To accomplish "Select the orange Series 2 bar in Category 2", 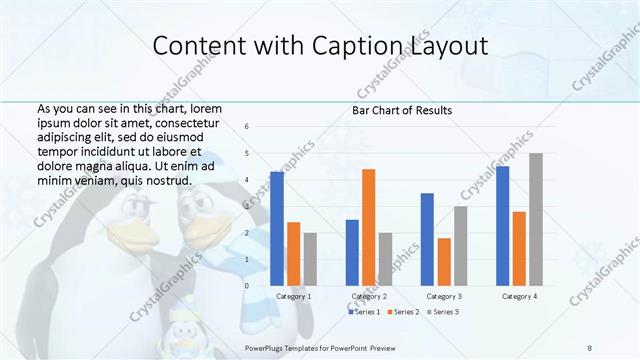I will pos(369,227).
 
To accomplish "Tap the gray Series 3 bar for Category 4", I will pos(536,219).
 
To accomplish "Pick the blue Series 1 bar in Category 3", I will pos(428,239).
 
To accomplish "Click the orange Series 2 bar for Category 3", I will pos(444,261).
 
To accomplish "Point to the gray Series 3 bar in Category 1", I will pos(310,259).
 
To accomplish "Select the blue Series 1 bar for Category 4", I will pos(503,225).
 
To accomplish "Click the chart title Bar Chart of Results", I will pos(402,110).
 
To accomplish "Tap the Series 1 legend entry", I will pos(363,313).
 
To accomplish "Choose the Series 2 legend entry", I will pos(402,313).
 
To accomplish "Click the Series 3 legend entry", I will pos(442,313).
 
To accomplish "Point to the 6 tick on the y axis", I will pos(247,127).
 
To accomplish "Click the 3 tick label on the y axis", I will pos(247,206).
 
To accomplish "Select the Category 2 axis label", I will pos(369,297).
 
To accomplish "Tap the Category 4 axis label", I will pos(519,297).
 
